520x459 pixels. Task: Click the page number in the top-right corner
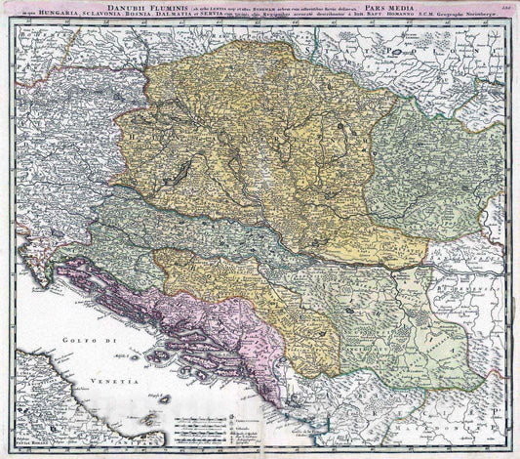[x=504, y=8]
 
